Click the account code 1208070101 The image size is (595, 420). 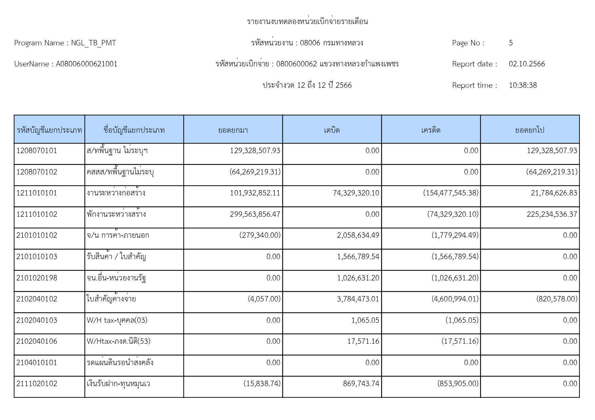(37, 151)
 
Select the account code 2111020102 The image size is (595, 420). (37, 384)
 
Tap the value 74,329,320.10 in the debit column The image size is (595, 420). (356, 193)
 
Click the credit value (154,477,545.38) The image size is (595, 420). (451, 193)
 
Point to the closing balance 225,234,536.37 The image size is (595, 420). (552, 214)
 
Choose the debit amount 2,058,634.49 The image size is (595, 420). (358, 235)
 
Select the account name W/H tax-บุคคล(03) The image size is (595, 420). (117, 320)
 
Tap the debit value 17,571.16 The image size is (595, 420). (363, 341)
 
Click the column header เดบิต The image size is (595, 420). (332, 130)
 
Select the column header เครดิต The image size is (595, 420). (431, 130)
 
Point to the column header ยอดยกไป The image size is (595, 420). (530, 130)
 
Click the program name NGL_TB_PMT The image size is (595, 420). (94, 43)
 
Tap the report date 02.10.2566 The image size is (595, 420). (527, 64)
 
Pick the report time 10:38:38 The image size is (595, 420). (523, 85)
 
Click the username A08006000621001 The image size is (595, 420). (87, 64)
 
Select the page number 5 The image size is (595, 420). (511, 43)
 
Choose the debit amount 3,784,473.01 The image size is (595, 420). (358, 299)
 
